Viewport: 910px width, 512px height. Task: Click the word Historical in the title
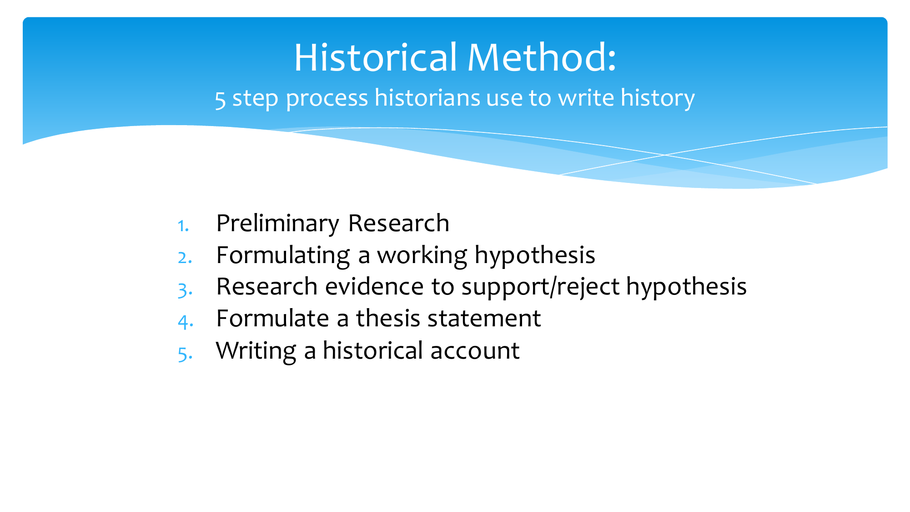click(x=375, y=58)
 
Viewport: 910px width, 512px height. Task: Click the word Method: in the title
click(x=542, y=58)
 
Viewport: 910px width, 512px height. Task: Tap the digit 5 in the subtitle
click(x=220, y=99)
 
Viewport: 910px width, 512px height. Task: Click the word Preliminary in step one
click(x=277, y=223)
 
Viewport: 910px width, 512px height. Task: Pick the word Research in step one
click(x=398, y=223)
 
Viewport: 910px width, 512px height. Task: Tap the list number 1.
click(x=183, y=226)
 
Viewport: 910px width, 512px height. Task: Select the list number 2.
click(x=184, y=258)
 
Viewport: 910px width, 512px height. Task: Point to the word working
click(x=422, y=255)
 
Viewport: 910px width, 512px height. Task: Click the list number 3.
click(x=185, y=289)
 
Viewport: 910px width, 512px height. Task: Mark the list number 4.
click(x=185, y=321)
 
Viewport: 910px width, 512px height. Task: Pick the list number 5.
click(x=185, y=353)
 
